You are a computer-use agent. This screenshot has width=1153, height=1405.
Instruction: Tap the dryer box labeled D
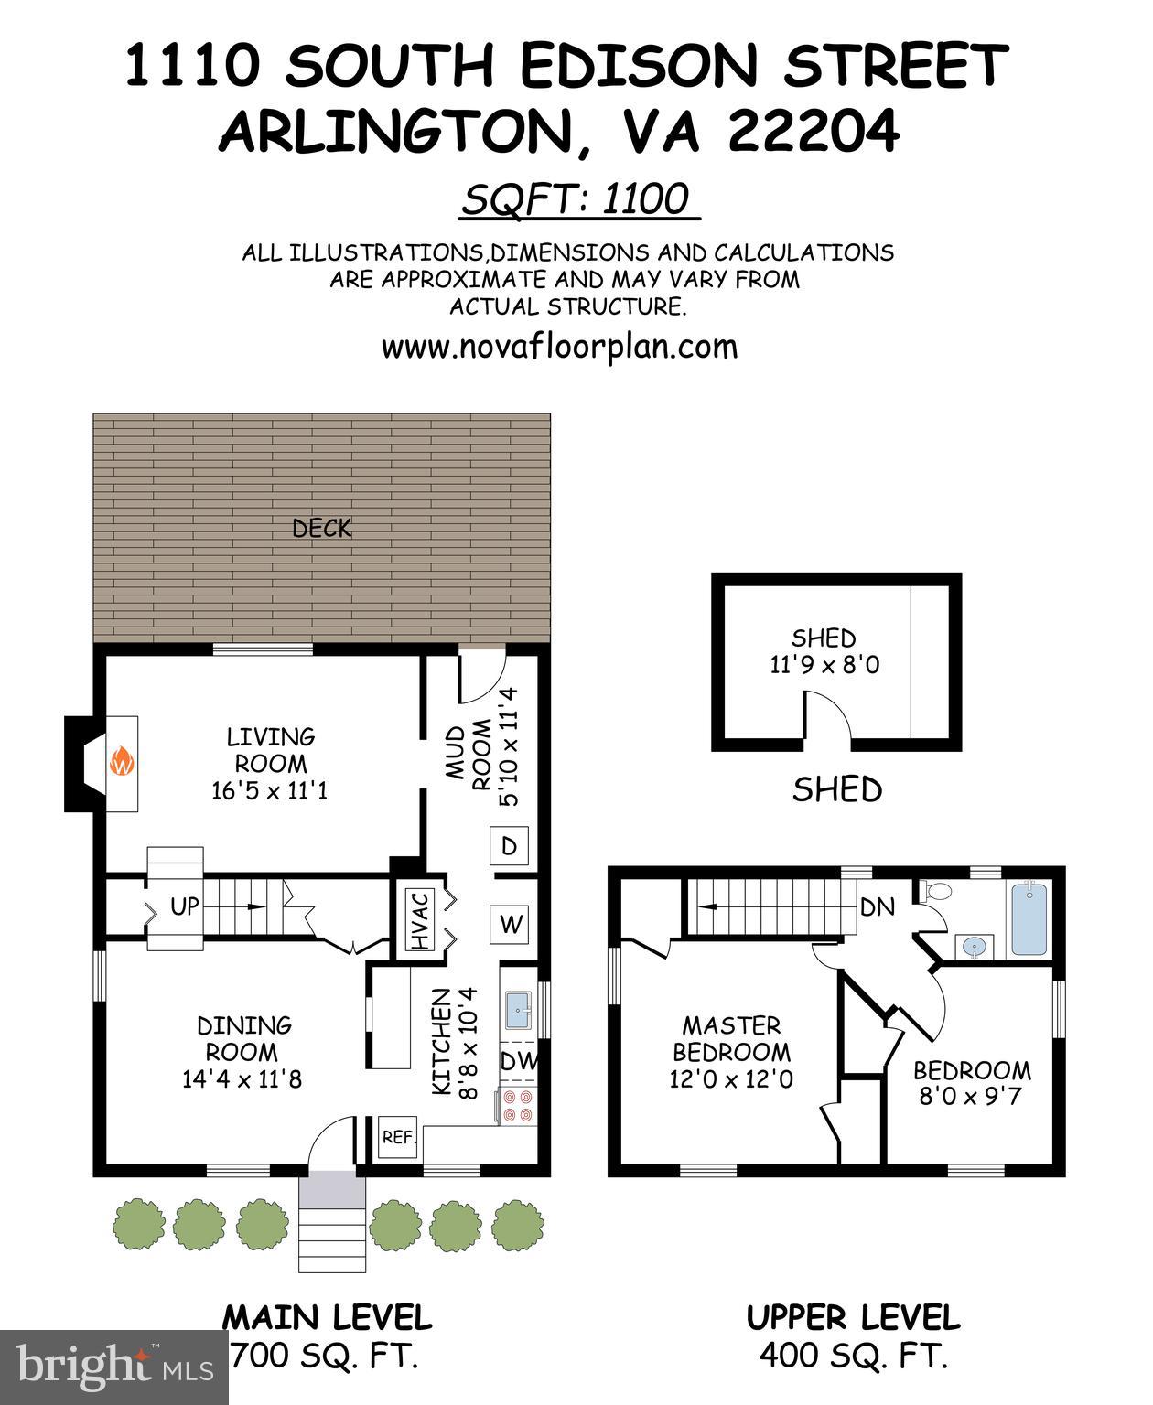[510, 846]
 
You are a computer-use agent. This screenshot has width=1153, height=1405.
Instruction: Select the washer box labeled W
[510, 925]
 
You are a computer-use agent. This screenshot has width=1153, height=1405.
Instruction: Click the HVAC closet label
[420, 920]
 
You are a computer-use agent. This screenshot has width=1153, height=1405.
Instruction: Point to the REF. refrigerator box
[399, 1138]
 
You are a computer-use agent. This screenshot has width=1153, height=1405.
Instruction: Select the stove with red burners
[519, 1105]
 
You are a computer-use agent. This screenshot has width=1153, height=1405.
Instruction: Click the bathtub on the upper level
[1029, 918]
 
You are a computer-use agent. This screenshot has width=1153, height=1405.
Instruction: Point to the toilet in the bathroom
[938, 890]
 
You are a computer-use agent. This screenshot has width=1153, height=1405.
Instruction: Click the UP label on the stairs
[185, 906]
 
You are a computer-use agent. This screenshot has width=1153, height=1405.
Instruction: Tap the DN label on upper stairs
[877, 907]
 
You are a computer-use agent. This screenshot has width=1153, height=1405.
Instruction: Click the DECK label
[321, 528]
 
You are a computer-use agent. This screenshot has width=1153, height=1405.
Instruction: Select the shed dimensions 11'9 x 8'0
[824, 665]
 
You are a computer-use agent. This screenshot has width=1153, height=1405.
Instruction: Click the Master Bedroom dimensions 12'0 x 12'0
[731, 1079]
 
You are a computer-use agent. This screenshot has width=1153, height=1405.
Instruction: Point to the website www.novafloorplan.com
[559, 348]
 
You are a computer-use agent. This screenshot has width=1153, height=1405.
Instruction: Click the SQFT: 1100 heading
[576, 198]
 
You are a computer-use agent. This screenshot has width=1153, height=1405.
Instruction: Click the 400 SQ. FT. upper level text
[853, 1356]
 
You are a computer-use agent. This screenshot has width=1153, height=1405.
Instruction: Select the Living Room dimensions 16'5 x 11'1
[269, 790]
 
